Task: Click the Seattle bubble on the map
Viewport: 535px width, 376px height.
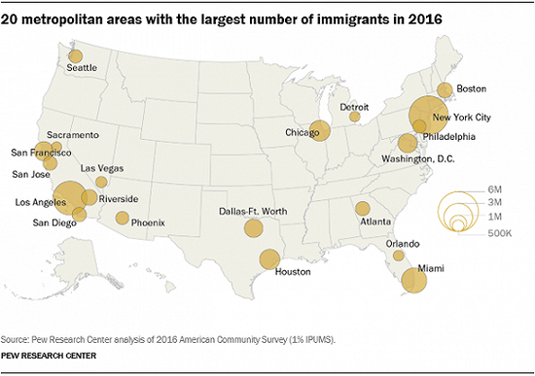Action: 76,56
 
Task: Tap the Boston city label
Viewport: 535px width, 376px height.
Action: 472,89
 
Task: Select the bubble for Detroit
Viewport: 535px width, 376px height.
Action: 355,117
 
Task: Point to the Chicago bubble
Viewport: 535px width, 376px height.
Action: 320,130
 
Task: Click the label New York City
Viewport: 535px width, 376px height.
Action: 462,118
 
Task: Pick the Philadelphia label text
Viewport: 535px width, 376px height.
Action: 449,137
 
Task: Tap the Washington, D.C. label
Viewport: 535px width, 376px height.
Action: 418,159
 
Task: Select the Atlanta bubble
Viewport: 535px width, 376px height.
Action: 363,208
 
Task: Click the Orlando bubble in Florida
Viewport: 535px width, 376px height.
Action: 399,256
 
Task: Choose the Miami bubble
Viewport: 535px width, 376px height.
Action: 414,280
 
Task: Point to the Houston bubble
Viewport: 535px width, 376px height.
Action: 269,259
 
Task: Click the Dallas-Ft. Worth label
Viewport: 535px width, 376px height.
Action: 253,212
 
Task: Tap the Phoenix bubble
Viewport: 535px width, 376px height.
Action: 123,218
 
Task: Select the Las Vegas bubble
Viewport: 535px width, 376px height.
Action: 101,182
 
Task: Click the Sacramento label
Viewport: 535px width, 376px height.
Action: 73,135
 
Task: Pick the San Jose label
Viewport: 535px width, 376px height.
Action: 31,175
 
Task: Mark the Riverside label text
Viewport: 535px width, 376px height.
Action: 119,199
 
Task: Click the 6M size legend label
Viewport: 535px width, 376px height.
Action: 495,189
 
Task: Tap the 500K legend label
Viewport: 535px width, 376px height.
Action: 500,233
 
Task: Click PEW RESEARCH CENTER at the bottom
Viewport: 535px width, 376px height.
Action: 49,356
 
